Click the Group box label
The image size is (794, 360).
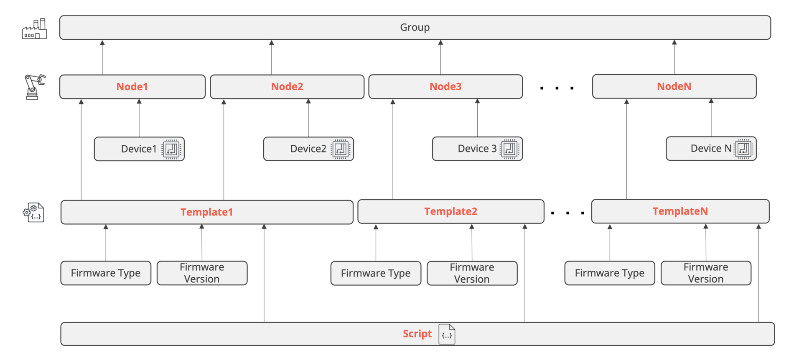tap(415, 28)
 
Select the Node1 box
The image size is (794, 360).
tap(132, 87)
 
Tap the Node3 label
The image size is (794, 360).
tap(445, 86)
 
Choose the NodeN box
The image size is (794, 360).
tap(674, 86)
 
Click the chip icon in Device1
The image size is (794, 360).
tap(171, 149)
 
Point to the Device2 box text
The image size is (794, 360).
tap(308, 149)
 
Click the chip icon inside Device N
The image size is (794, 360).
tap(743, 149)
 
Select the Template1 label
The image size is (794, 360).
tap(206, 212)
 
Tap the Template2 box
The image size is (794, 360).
tap(450, 211)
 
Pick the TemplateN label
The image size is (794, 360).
tap(680, 211)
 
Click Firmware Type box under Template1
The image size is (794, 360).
tap(106, 273)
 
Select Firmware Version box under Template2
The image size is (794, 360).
tap(472, 273)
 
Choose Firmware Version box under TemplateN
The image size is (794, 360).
tap(705, 273)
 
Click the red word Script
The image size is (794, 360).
tap(417, 334)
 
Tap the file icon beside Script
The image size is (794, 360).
tap(447, 334)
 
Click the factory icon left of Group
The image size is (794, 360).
tap(34, 29)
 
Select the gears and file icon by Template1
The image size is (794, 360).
tap(33, 213)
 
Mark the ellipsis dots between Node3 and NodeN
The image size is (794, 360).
tap(557, 88)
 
